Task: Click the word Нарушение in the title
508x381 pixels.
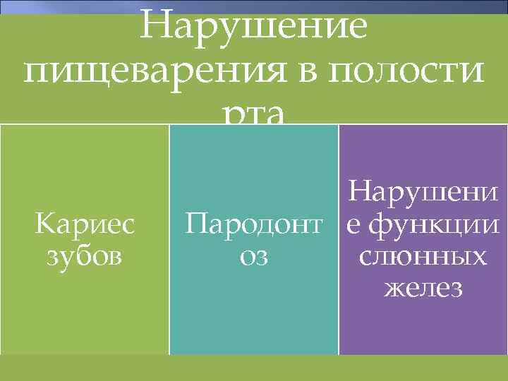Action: coord(254,28)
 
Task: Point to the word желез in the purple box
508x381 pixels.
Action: coord(423,287)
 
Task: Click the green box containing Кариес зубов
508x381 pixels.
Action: coord(85,310)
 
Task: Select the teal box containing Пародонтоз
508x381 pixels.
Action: coord(254,310)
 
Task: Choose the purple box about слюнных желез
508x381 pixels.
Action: coord(423,325)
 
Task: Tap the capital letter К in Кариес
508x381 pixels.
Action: coord(42,225)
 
